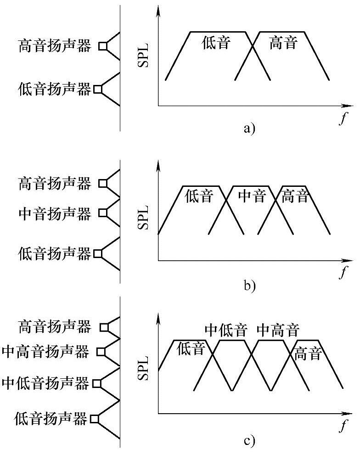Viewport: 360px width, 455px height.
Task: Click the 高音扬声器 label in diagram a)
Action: (x=55, y=46)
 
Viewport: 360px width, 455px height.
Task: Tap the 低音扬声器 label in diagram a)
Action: (x=55, y=89)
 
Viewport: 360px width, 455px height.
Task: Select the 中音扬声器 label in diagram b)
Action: (x=55, y=213)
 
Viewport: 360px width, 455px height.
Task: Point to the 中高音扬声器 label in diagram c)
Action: (x=45, y=352)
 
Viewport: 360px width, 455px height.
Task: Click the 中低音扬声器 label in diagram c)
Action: (x=45, y=383)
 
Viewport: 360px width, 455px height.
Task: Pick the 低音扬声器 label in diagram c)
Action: (x=51, y=419)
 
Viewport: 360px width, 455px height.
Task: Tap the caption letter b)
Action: (x=248, y=286)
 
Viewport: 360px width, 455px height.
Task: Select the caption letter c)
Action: (x=248, y=442)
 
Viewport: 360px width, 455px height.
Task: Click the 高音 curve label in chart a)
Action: (x=284, y=43)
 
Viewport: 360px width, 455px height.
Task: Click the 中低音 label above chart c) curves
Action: (x=226, y=330)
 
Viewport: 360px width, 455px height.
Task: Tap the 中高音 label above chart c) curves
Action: (x=278, y=330)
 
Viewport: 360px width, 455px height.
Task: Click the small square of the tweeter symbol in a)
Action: (x=103, y=46)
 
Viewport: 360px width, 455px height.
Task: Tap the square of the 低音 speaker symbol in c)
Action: (x=95, y=419)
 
